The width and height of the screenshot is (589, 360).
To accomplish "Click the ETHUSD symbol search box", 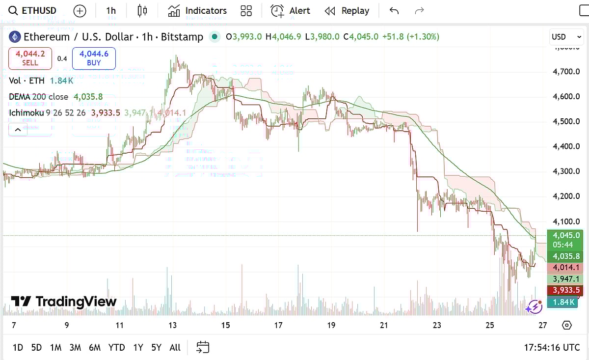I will click(x=33, y=10).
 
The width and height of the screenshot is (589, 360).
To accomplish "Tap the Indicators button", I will click(x=197, y=10).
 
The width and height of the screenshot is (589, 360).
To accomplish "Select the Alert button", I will click(x=291, y=10).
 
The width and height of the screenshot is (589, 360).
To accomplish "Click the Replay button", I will click(x=347, y=10).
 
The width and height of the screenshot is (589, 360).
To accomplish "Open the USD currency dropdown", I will click(x=566, y=37).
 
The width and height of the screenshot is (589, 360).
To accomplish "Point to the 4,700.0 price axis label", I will click(x=566, y=72).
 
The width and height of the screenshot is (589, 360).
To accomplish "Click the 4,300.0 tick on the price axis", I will click(x=566, y=171).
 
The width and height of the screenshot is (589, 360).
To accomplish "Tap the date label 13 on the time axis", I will click(x=172, y=325).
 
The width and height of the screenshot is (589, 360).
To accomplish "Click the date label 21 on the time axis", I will click(x=384, y=325).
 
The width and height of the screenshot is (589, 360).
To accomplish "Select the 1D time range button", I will click(x=18, y=348).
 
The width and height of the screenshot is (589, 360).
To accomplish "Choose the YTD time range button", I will click(x=116, y=348).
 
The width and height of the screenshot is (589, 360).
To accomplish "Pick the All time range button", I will click(x=175, y=348).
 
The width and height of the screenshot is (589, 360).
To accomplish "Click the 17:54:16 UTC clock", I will click(x=552, y=348).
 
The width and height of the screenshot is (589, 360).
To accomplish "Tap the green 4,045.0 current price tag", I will click(x=566, y=235).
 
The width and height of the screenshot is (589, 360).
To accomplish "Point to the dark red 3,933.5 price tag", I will click(x=566, y=290).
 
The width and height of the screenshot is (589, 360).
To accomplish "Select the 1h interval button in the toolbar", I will click(x=111, y=10).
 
